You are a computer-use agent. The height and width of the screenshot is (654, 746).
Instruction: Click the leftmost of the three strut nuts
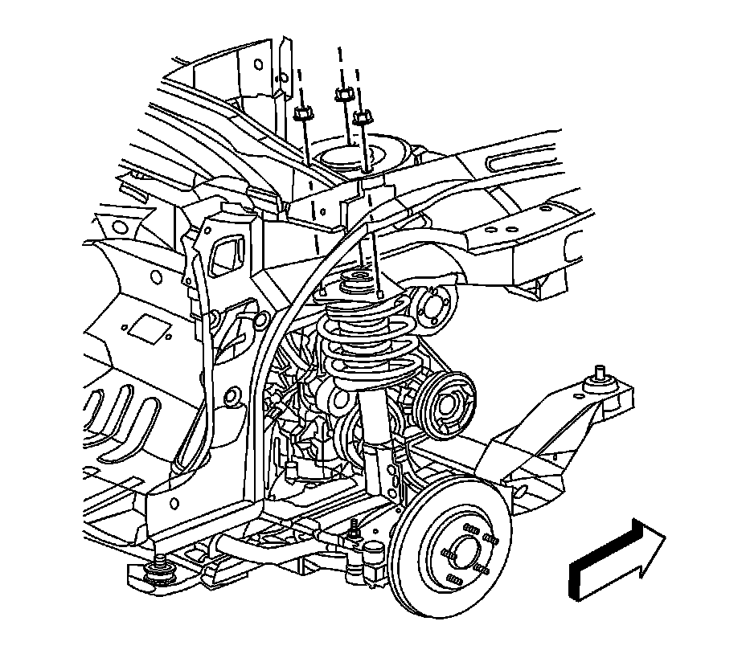coord(303,112)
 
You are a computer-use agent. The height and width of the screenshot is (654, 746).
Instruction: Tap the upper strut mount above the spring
coord(356,284)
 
